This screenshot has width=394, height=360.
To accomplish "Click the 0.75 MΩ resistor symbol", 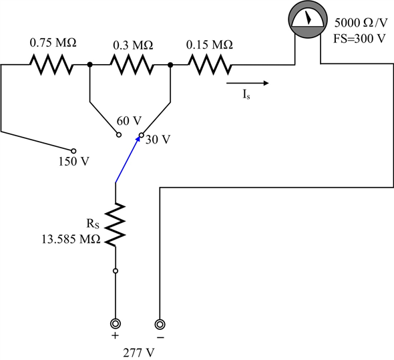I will coord(49,65).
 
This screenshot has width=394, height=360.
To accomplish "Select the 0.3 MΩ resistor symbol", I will coord(130,65).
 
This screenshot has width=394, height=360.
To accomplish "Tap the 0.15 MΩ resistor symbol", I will coord(210,65).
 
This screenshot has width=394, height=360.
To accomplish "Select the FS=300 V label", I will coord(359,38).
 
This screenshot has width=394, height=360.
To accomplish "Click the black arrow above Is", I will coord(248,83).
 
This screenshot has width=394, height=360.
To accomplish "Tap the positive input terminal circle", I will coord(116,325).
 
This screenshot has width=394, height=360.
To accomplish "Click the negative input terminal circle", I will coord(160,325).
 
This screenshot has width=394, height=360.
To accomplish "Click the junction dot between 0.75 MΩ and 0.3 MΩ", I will coord(89,65).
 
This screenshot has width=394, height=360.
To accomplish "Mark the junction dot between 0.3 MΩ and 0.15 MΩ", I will coord(171,65).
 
